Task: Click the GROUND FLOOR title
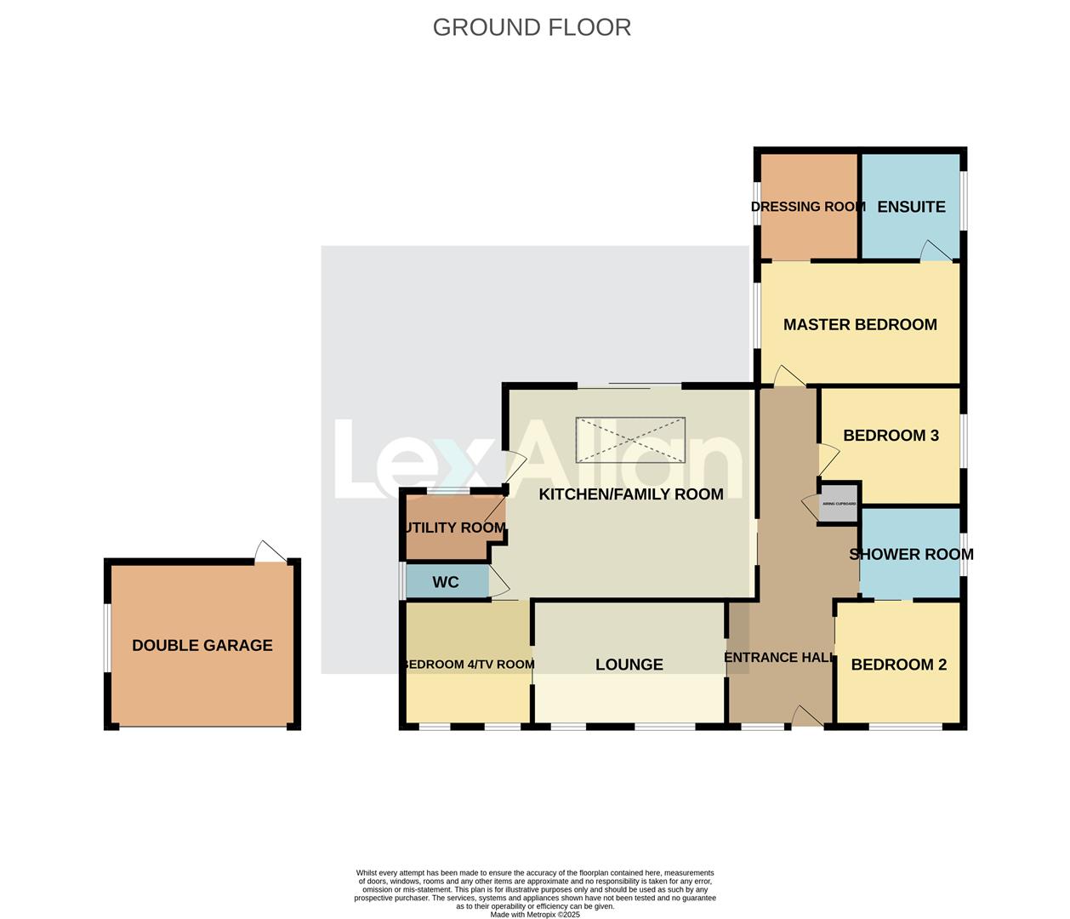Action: tap(532, 27)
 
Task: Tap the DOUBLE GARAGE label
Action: tap(202, 645)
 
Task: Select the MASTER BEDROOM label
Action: tap(860, 324)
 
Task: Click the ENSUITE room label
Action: tap(911, 207)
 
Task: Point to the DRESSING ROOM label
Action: tap(808, 207)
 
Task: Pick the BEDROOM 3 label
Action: tap(891, 436)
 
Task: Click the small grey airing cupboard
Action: tap(839, 504)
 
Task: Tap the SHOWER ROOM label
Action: tap(911, 554)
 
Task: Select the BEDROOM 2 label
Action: tap(898, 665)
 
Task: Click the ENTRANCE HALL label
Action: tap(778, 657)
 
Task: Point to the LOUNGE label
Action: tap(629, 665)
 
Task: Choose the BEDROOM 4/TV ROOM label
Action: tap(468, 665)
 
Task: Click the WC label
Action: tap(446, 582)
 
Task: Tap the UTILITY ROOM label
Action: tap(455, 528)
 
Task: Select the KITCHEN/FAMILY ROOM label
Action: tap(631, 494)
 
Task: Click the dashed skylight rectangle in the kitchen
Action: tap(630, 440)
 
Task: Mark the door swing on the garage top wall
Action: tap(270, 551)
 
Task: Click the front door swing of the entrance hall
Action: tap(805, 716)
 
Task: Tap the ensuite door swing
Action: tap(936, 250)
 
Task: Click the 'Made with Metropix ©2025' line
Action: tap(535, 915)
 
